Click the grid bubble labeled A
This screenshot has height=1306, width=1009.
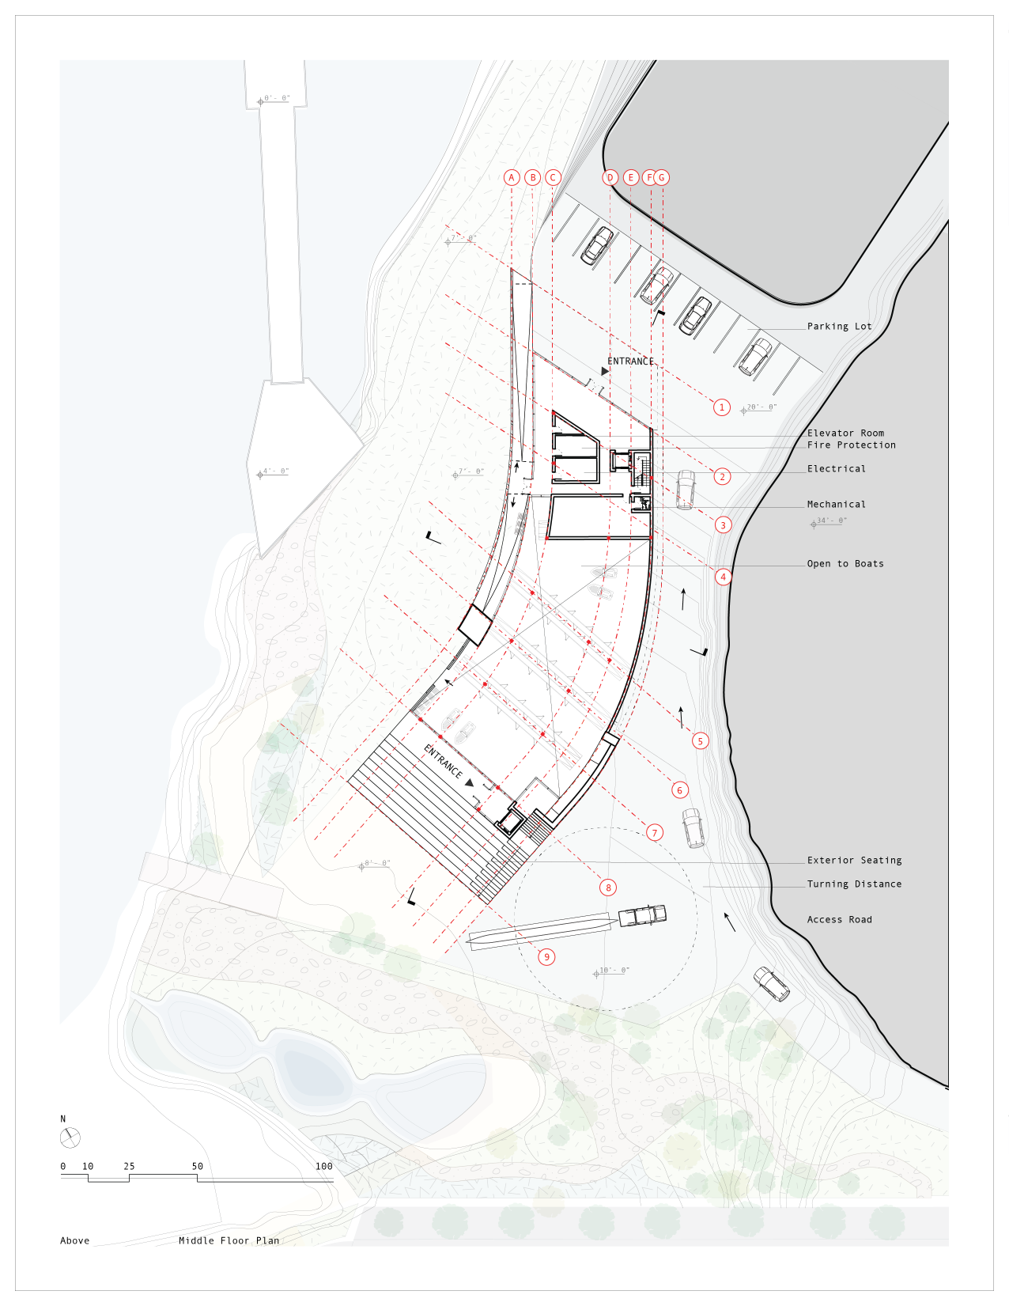click(x=512, y=177)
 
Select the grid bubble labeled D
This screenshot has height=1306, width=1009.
click(x=610, y=177)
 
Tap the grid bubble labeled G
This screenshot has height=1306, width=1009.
click(x=662, y=177)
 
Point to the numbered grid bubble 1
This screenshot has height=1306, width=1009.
click(x=721, y=407)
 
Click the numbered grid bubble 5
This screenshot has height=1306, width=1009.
click(x=700, y=740)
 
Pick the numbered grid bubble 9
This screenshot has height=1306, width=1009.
click(x=546, y=956)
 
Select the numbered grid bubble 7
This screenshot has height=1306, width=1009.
click(x=654, y=832)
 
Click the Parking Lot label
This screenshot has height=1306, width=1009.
click(x=839, y=326)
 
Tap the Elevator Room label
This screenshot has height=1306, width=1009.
click(x=845, y=433)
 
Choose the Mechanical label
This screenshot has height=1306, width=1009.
click(x=836, y=504)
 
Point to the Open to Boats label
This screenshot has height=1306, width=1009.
click(x=845, y=563)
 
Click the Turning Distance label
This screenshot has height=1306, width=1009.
click(x=854, y=884)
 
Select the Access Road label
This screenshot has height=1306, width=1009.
click(x=839, y=919)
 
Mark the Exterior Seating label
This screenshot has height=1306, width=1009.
click(x=854, y=860)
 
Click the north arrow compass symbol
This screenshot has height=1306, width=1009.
click(x=70, y=1138)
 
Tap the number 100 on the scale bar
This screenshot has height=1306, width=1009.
click(x=324, y=1166)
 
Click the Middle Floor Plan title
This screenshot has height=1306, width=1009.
click(x=229, y=1240)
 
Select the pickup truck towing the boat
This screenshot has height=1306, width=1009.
click(x=642, y=915)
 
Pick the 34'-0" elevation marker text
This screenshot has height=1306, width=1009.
click(x=831, y=521)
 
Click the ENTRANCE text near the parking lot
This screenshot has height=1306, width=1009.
click(x=630, y=361)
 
